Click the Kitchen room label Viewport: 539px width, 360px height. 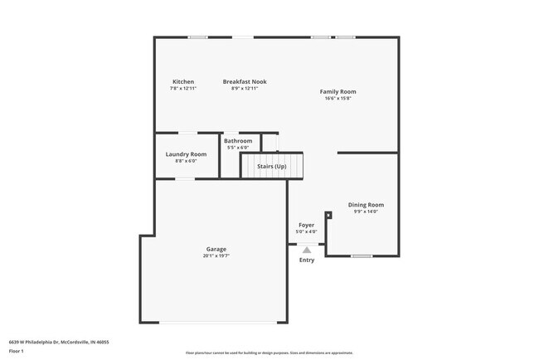182,81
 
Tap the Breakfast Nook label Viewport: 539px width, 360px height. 244,81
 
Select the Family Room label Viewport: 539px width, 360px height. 337,91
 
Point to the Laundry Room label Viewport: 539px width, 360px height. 186,154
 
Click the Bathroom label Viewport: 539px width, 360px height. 238,141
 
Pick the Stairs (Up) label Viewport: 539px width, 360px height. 272,166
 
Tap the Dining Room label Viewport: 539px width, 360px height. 366,205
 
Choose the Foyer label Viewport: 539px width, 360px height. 307,225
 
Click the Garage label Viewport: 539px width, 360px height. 216,249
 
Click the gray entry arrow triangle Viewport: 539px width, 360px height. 307,249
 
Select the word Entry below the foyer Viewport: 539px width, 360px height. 307,260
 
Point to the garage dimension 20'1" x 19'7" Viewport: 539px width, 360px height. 216,255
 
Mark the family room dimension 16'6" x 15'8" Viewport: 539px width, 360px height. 337,98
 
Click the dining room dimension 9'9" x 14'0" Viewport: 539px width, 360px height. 366,212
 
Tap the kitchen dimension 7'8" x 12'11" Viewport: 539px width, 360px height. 182,88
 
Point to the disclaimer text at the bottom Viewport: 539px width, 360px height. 269,353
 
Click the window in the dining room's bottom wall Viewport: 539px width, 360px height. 361,255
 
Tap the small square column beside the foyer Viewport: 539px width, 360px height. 328,215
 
